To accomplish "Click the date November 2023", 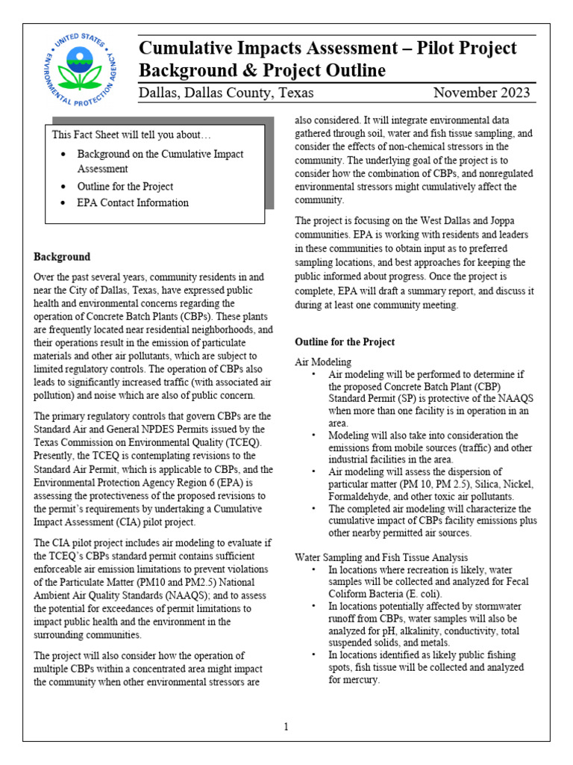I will click(482, 93).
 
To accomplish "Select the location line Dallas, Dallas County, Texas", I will click(226, 93).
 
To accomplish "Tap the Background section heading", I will click(62, 257).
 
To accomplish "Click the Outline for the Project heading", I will click(345, 342).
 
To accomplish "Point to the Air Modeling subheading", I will click(323, 361).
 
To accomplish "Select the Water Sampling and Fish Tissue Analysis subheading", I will click(381, 557).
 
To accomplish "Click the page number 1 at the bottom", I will click(286, 726).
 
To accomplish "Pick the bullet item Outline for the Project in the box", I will click(125, 187).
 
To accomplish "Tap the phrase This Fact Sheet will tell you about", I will click(131, 134).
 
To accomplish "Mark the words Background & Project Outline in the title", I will click(262, 71).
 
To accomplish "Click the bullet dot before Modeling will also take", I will click(314, 436).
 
